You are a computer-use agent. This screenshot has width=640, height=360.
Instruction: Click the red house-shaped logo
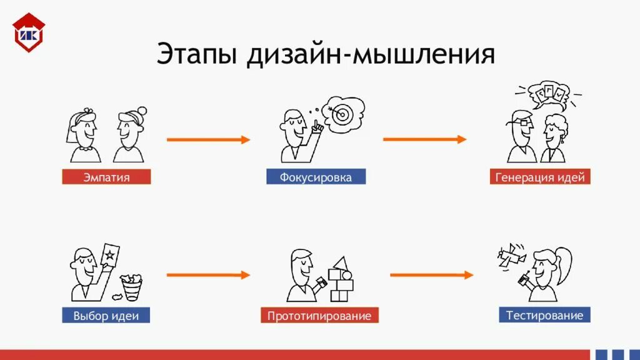29,31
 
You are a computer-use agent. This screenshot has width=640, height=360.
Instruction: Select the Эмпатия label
106,177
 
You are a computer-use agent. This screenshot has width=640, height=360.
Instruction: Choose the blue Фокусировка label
316,177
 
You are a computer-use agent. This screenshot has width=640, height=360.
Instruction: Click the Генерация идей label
540,177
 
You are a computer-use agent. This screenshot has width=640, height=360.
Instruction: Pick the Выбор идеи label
106,316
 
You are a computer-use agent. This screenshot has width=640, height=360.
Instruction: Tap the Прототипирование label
319,316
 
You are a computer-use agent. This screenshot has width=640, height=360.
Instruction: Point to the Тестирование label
544,315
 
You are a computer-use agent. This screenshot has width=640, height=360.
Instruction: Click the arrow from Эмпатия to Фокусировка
208,140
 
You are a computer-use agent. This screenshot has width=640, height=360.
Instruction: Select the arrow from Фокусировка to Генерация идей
425,139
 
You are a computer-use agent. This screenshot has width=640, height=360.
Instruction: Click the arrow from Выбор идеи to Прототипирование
208,275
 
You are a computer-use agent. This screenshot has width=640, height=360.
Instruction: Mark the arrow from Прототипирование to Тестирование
432,275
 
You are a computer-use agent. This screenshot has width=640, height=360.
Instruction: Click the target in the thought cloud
342,114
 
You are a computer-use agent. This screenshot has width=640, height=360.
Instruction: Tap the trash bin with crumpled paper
131,287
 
